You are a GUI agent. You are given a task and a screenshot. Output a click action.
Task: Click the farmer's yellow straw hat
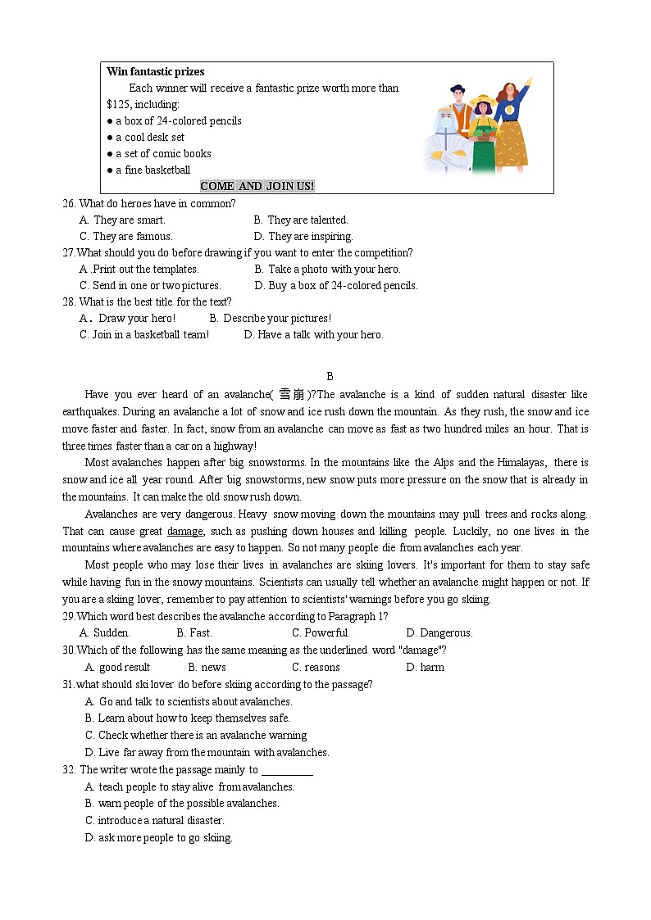[x=483, y=99]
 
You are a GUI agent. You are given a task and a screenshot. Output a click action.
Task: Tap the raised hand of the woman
[x=529, y=82]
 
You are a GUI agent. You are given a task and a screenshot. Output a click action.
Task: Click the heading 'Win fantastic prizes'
[x=156, y=72]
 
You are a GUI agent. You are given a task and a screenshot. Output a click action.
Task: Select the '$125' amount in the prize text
[x=118, y=105]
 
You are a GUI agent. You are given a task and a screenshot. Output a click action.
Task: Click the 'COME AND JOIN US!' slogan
[x=257, y=186]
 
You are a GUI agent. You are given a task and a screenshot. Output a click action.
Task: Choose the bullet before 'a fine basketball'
[x=110, y=170]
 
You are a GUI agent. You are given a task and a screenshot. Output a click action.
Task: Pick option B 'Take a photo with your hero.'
[x=327, y=270]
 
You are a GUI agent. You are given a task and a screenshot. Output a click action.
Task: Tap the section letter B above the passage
[x=330, y=377]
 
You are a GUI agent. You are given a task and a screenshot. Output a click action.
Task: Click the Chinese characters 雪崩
[x=292, y=395]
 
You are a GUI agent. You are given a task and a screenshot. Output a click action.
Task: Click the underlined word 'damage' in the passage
[x=184, y=532]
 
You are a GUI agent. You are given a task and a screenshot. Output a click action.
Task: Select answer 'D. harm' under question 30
[x=425, y=668]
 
